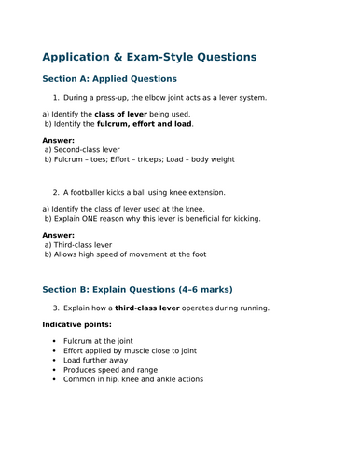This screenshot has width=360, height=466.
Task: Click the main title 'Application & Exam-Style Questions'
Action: [x=149, y=57]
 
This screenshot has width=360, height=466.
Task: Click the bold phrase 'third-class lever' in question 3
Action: [x=151, y=308]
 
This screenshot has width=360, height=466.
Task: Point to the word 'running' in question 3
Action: [x=251, y=308]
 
